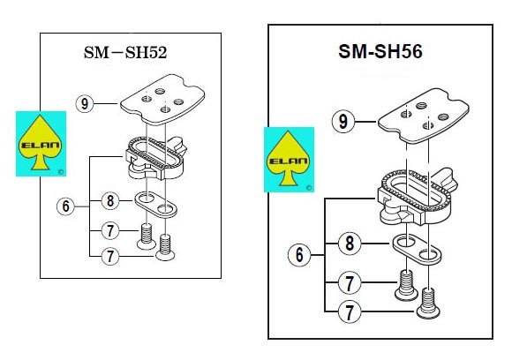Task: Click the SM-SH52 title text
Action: coord(125,52)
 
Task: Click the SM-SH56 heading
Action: coord(380,51)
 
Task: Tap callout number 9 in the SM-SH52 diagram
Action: coord(85,104)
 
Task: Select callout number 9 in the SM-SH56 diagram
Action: coord(343,122)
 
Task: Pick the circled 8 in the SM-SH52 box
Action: coord(110,200)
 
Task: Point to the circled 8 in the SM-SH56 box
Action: coord(350,244)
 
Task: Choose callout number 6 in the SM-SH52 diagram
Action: coord(65,206)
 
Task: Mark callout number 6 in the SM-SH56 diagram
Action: coord(299,255)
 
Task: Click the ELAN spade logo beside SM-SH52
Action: coord(41,144)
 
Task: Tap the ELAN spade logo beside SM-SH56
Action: coord(289,160)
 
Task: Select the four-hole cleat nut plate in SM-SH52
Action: coord(162,99)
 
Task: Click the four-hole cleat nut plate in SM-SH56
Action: coord(424,116)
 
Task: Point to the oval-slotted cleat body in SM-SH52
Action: coord(155,158)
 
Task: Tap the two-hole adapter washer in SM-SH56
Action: coord(417,250)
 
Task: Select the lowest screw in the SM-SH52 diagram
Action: coord(165,248)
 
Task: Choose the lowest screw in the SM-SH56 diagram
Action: coord(428,303)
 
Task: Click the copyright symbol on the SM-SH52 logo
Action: coord(61,172)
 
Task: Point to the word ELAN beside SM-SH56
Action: coord(289,161)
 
